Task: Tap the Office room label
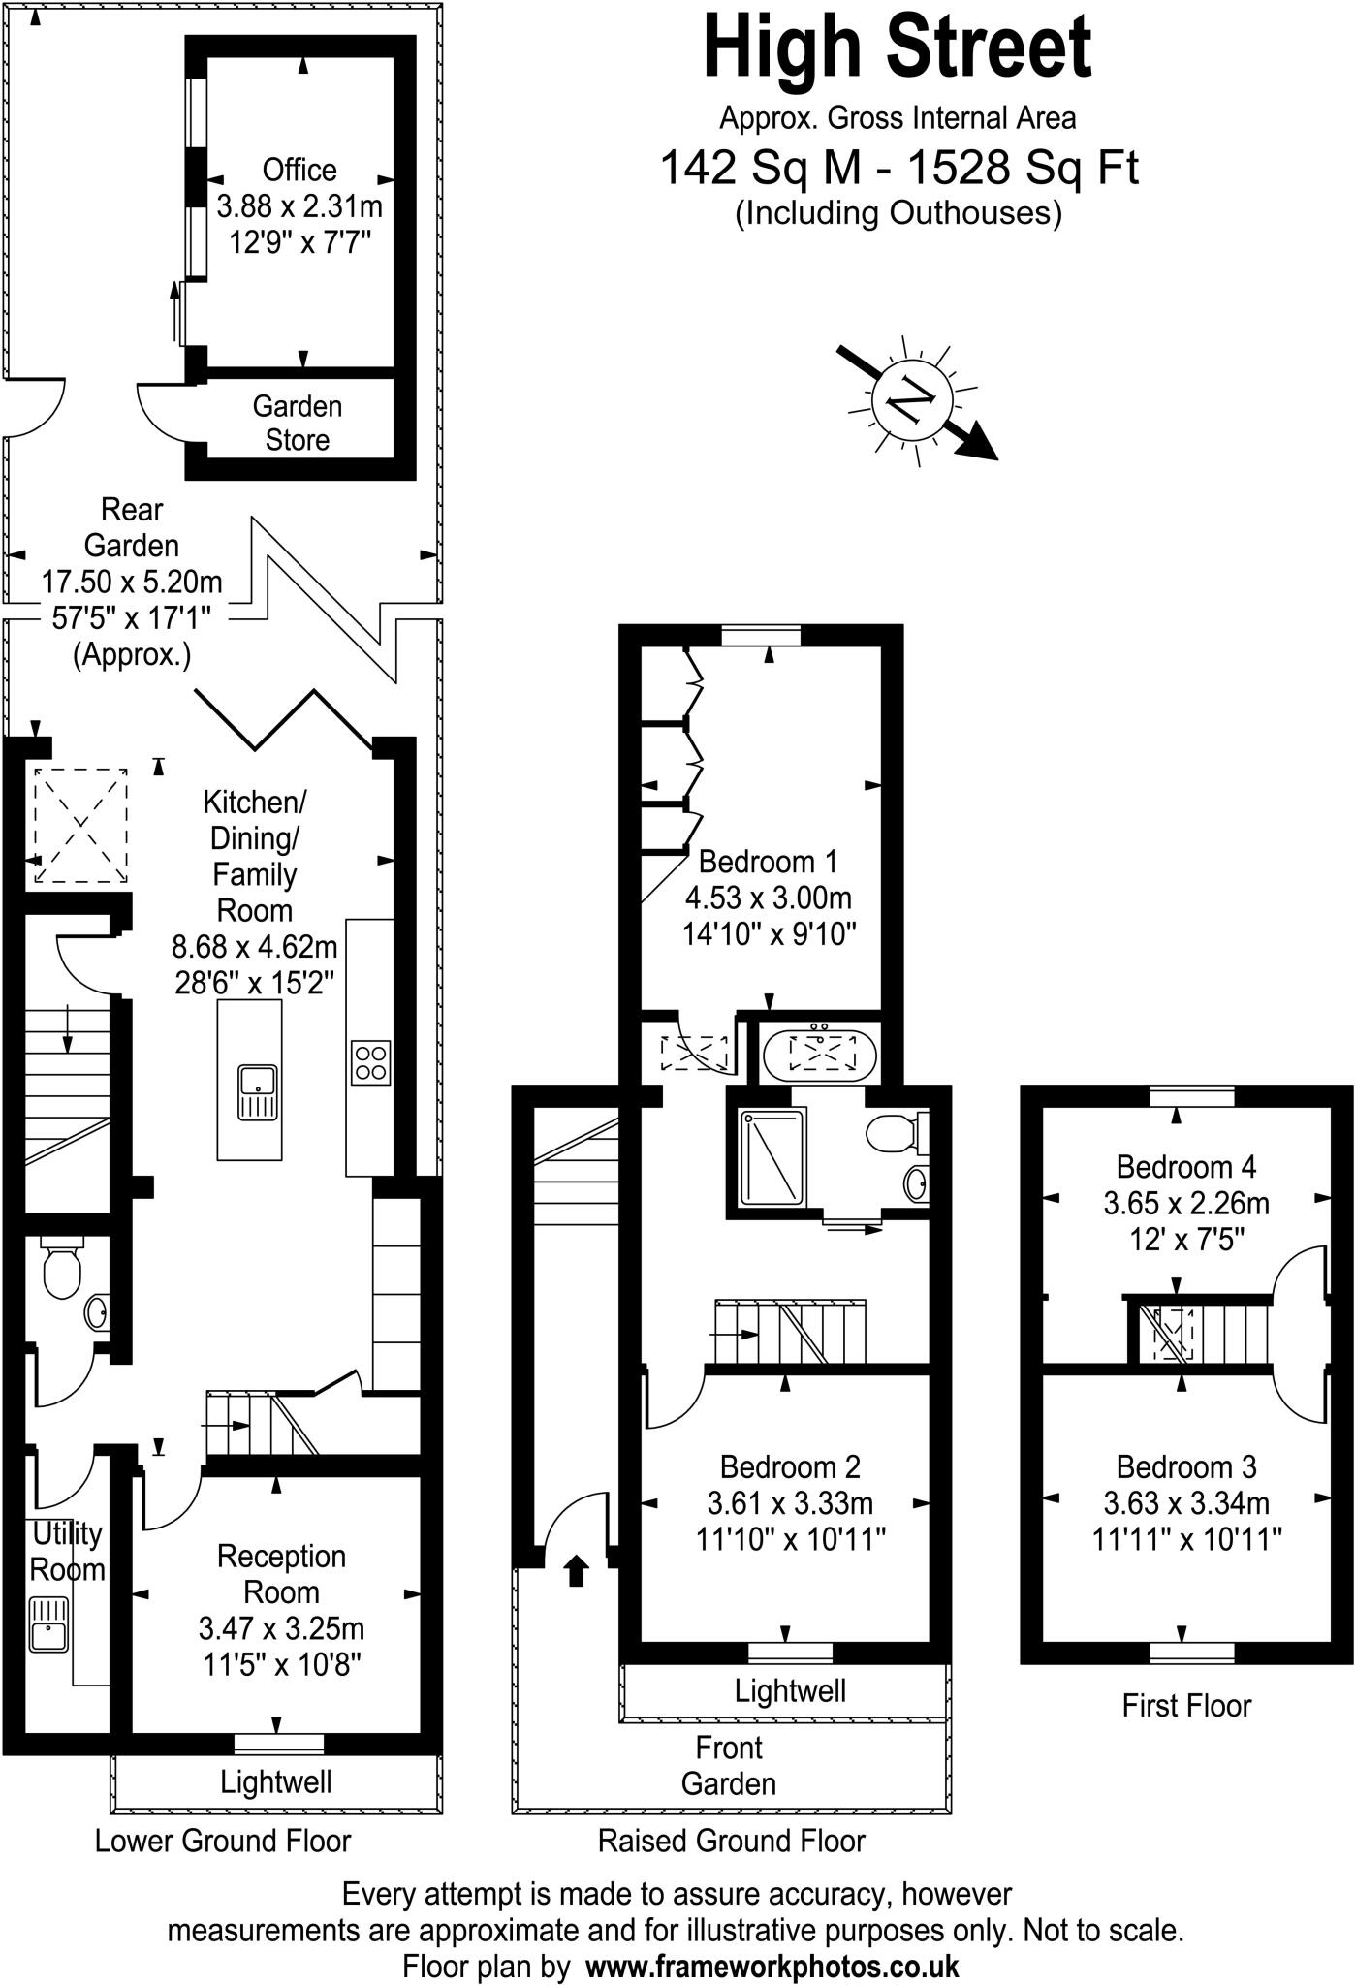pyautogui.click(x=299, y=171)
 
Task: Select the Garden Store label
pyautogui.click(x=298, y=423)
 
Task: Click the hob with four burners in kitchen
pyautogui.click(x=370, y=1062)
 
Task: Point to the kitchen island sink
pyautogui.click(x=258, y=1091)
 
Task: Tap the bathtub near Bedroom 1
pyautogui.click(x=820, y=1053)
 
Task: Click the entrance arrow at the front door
pyautogui.click(x=576, y=1569)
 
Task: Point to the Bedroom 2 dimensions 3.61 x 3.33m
pyautogui.click(x=790, y=1503)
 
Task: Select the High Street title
pyautogui.click(x=898, y=48)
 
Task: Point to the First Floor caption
pyautogui.click(x=1186, y=1705)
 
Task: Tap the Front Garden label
pyautogui.click(x=729, y=1766)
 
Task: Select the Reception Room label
pyautogui.click(x=281, y=1574)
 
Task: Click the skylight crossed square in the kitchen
pyautogui.click(x=80, y=825)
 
